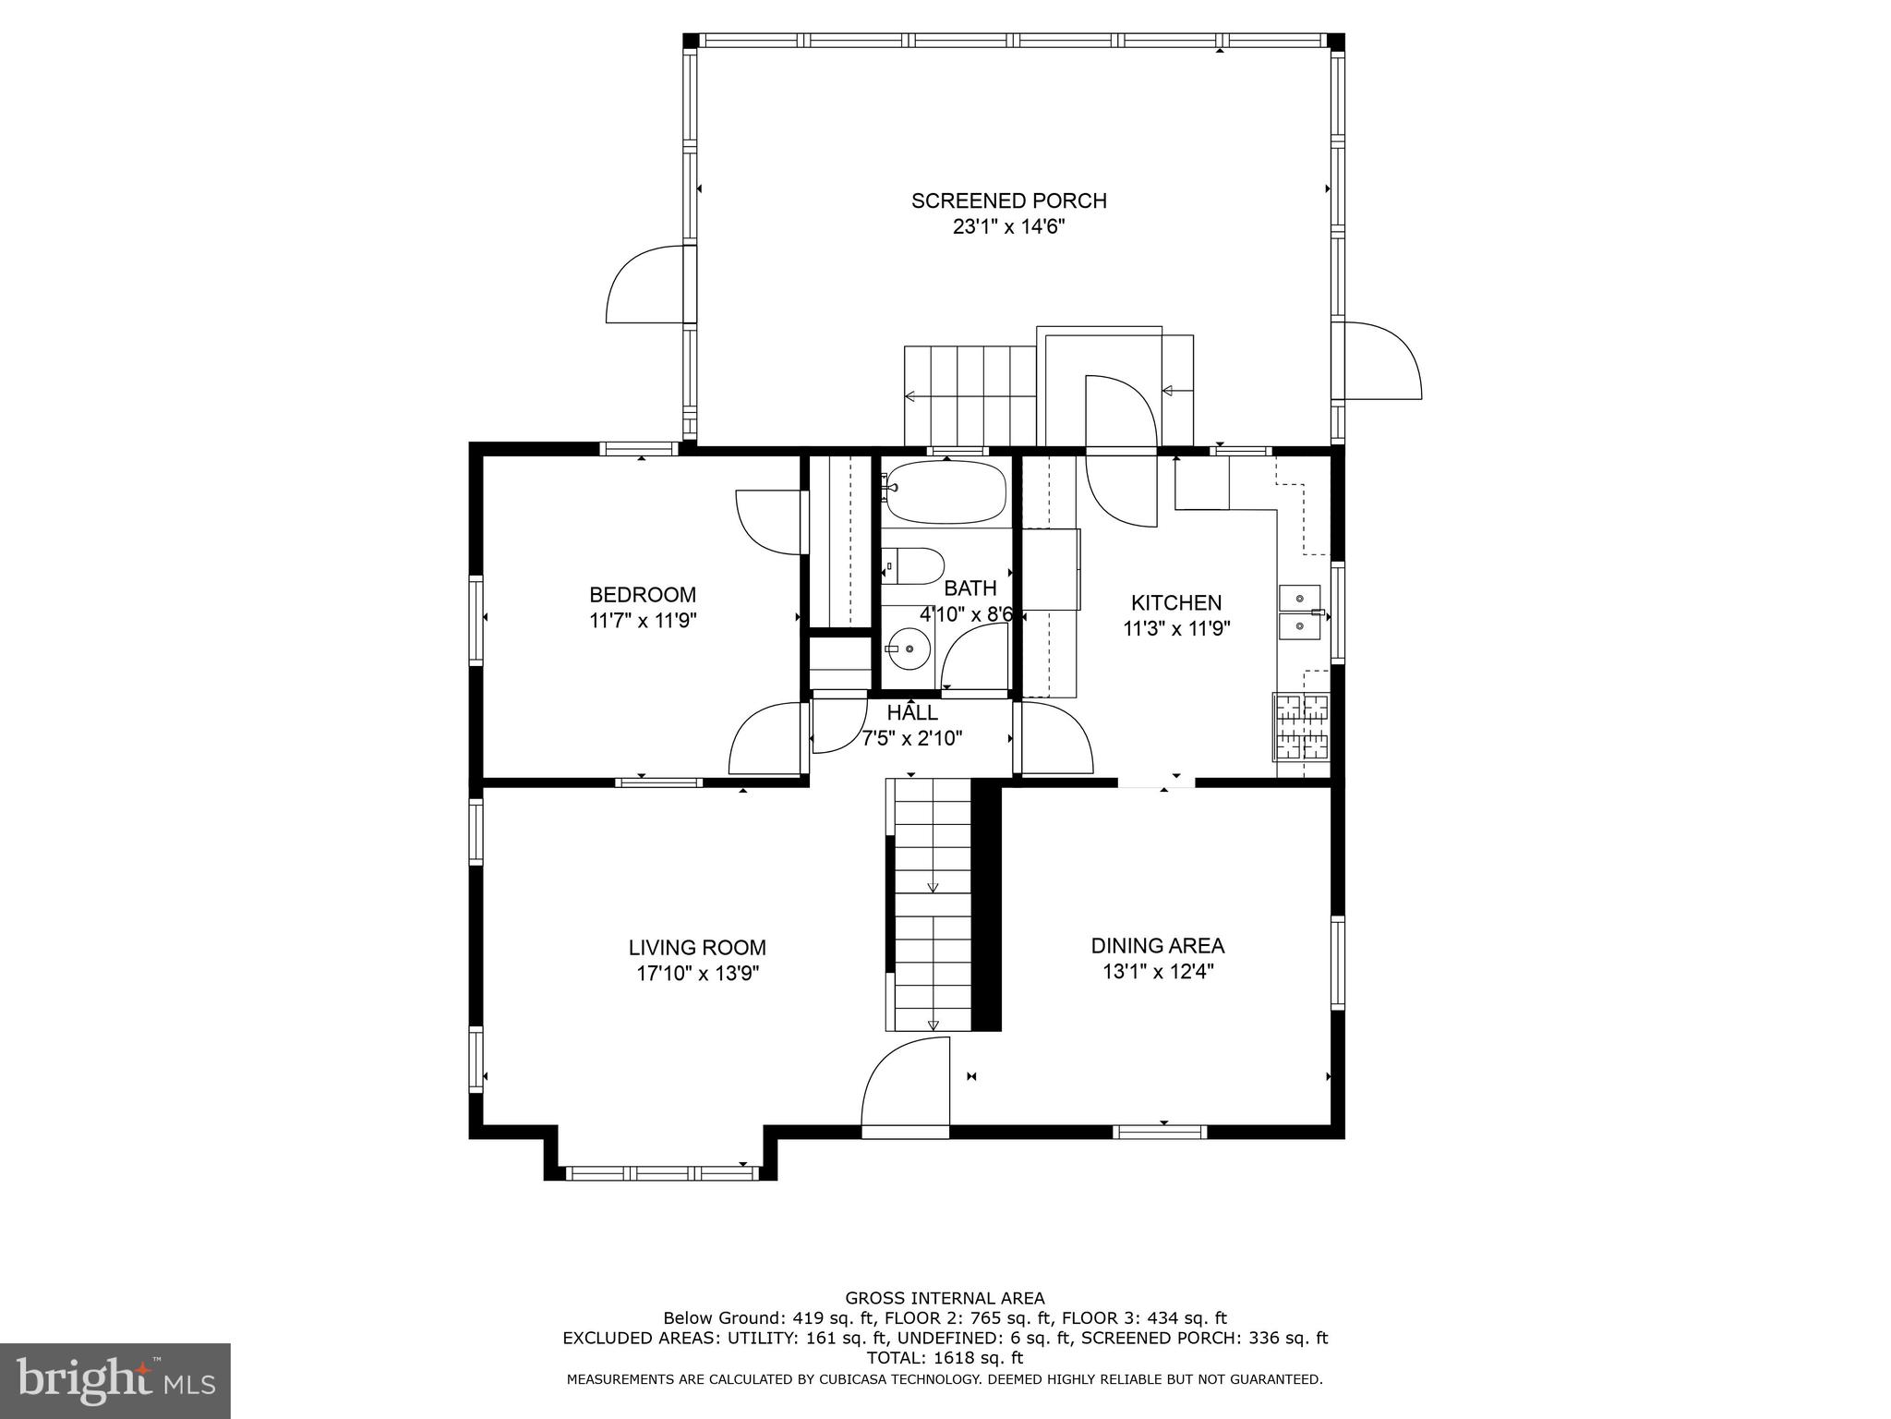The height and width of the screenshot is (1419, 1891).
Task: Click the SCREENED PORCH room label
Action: tap(1008, 200)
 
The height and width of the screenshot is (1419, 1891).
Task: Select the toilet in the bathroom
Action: tap(914, 565)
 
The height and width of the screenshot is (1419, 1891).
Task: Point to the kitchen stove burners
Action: tap(1302, 726)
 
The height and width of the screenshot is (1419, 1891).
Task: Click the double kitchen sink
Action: tap(1299, 612)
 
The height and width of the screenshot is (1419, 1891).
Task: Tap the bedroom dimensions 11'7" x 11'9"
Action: tap(643, 621)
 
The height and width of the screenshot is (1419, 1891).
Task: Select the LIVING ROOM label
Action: tap(697, 948)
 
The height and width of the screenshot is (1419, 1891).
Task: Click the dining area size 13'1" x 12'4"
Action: tap(1157, 972)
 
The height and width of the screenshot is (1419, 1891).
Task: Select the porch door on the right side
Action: tap(1380, 361)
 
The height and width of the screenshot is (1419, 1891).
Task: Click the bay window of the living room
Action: tap(660, 1173)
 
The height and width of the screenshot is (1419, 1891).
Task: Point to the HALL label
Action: tap(912, 713)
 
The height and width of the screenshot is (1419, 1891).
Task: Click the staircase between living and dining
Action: tap(931, 905)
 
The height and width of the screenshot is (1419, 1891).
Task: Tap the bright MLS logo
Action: tap(114, 1381)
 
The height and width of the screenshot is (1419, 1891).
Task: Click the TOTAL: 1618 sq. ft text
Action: tap(945, 1358)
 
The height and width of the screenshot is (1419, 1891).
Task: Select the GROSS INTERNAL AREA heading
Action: tap(945, 1298)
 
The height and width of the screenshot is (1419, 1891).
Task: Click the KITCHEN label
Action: tap(1176, 603)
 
